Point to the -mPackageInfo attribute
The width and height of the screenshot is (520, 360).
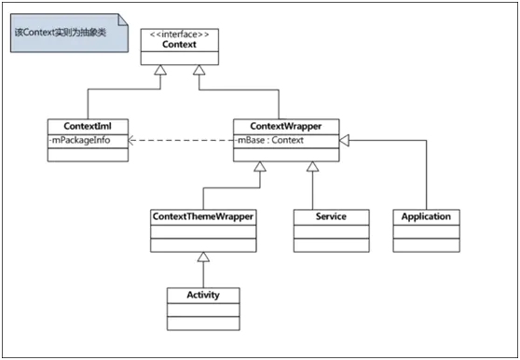(80, 141)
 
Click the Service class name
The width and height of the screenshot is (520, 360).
(331, 216)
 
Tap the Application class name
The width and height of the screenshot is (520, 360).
(426, 216)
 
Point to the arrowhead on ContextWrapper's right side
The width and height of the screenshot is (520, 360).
(344, 141)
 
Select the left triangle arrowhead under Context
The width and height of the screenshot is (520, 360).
(162, 71)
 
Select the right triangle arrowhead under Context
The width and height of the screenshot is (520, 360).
(198, 71)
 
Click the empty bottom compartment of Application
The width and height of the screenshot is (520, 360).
(426, 246)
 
